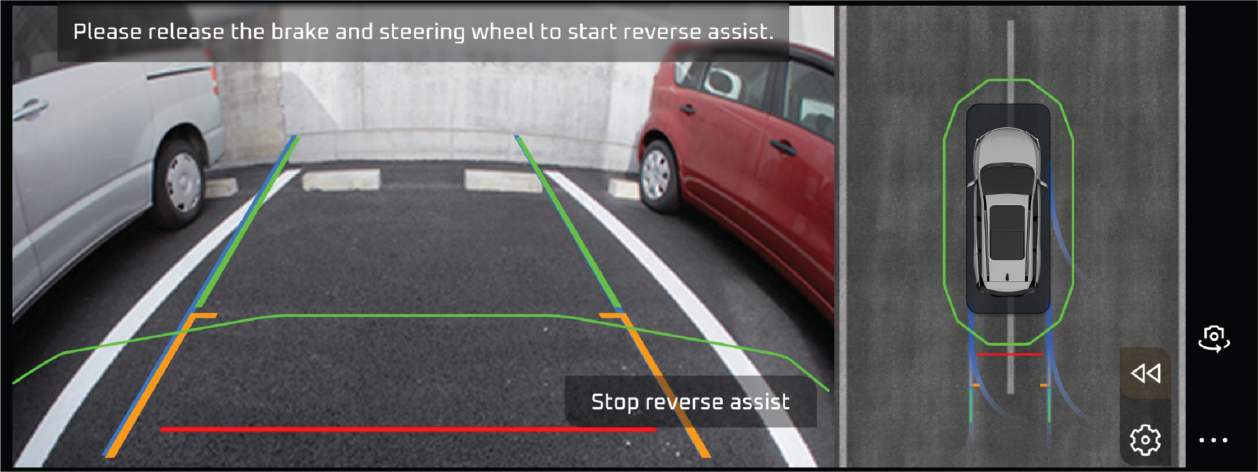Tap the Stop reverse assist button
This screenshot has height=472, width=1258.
click(690, 402)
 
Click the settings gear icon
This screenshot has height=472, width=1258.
click(1145, 439)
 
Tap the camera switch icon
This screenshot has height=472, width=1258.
click(1214, 338)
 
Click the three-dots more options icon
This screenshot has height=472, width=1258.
click(1213, 440)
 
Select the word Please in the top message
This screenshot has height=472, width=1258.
click(107, 32)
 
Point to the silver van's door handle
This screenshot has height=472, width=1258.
click(29, 108)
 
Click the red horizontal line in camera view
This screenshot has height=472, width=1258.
click(408, 430)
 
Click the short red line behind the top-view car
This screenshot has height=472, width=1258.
click(1010, 354)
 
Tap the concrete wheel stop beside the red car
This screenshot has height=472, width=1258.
click(624, 188)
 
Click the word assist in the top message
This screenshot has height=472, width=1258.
click(741, 32)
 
